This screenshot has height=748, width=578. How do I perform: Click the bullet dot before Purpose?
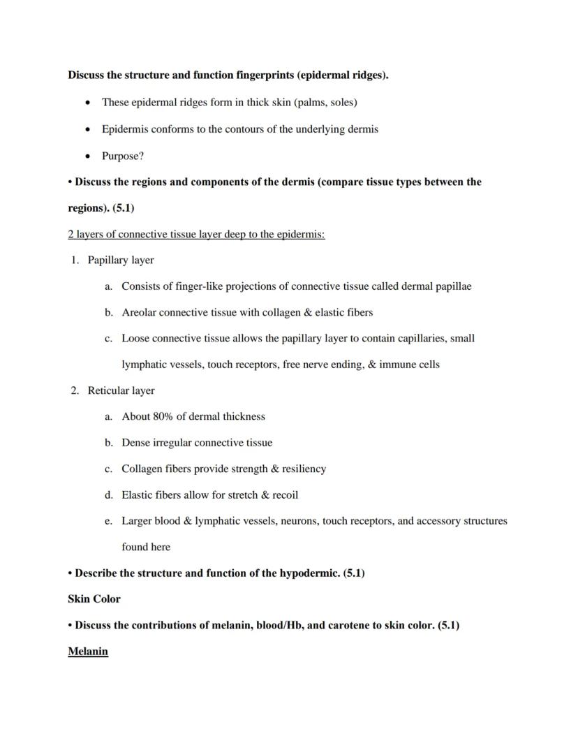(x=87, y=156)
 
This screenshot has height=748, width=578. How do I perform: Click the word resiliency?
(x=300, y=469)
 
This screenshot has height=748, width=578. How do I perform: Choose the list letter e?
(x=108, y=521)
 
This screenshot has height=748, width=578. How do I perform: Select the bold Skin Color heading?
(x=94, y=599)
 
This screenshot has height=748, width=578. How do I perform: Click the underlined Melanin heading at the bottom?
(x=88, y=652)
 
